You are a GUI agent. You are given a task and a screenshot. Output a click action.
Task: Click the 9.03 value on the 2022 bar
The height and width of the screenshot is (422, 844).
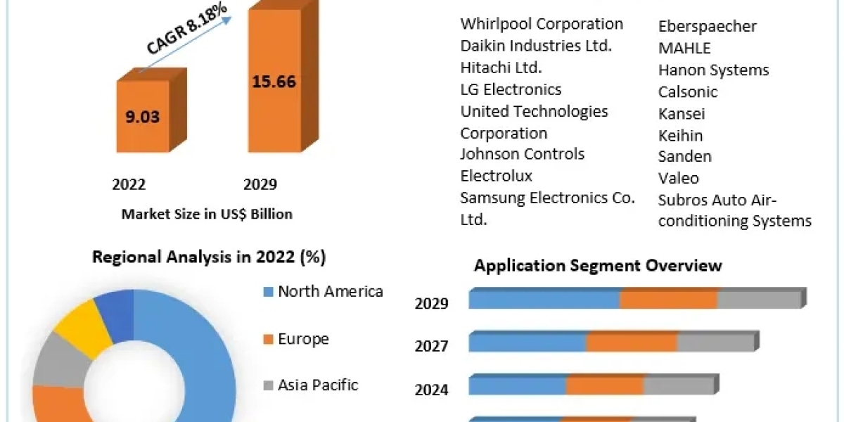click(143, 117)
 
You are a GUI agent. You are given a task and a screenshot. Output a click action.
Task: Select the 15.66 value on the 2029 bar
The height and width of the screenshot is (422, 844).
click(274, 81)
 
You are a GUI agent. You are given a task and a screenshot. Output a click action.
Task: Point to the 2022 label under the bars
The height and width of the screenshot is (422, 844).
click(129, 184)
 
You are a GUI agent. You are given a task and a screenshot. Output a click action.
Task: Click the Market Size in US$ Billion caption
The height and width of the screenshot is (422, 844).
click(207, 214)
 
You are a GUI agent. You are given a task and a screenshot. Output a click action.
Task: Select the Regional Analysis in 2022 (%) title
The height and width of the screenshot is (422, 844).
click(209, 257)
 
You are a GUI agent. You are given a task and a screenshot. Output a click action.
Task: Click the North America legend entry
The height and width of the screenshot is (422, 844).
click(330, 291)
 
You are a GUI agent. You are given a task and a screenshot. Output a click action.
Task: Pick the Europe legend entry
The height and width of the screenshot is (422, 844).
click(302, 339)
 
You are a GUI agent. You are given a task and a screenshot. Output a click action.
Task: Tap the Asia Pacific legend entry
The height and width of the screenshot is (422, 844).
click(317, 385)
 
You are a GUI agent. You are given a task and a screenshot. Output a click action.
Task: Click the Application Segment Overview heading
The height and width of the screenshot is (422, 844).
click(598, 265)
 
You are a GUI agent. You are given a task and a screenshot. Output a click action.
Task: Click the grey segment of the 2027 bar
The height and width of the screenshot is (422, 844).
click(715, 343)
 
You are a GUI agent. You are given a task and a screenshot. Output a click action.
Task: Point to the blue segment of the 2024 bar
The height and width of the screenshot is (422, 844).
click(517, 386)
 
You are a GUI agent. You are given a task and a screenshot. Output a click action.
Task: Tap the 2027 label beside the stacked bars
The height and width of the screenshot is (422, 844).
click(431, 346)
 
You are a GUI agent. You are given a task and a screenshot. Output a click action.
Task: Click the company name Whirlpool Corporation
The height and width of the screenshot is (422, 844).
click(542, 24)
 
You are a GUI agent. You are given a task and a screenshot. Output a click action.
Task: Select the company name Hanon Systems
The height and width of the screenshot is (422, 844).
click(713, 70)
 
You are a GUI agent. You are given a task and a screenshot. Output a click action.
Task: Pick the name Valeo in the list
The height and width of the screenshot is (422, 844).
click(678, 178)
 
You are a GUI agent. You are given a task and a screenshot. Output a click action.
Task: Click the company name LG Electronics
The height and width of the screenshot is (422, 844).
click(511, 89)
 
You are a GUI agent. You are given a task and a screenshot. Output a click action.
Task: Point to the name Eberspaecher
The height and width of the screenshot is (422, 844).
click(707, 27)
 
